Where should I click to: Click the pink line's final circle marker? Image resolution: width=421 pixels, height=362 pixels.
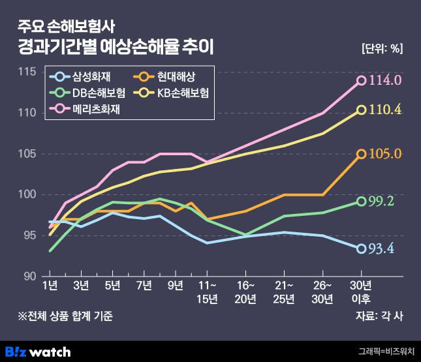pos(361,81)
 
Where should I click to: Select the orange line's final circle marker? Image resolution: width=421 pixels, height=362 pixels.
pos(361,154)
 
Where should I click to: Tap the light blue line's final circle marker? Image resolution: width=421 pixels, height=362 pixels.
pos(361,249)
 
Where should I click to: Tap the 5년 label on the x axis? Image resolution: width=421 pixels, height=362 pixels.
pos(113,285)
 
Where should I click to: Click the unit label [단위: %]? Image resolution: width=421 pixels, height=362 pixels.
pos(382,48)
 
